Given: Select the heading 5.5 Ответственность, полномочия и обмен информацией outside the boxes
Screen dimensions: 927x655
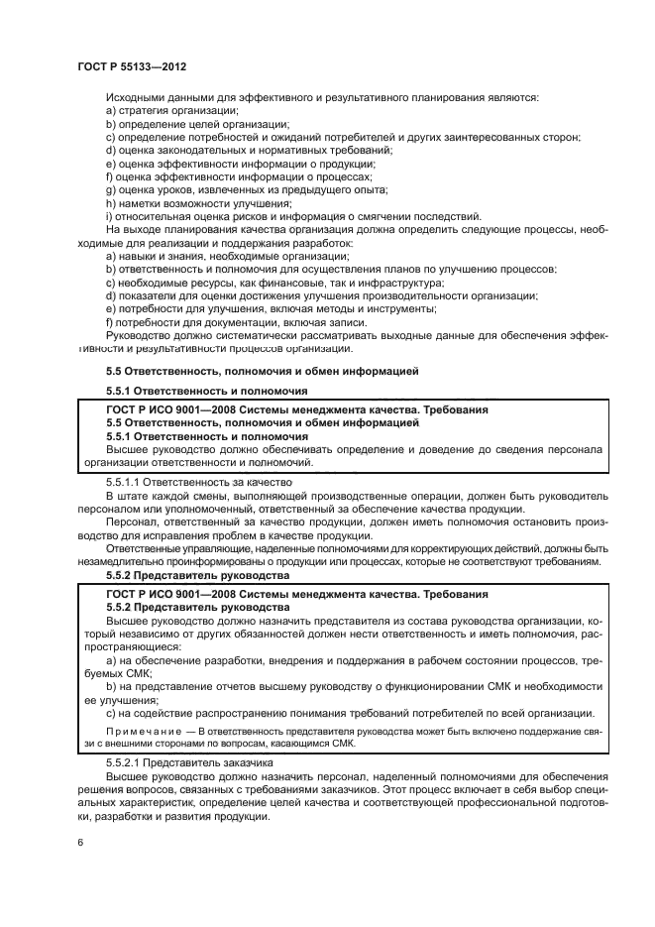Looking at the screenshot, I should coord(262,371).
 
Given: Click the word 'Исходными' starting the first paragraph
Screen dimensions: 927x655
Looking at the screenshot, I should coord(137,97).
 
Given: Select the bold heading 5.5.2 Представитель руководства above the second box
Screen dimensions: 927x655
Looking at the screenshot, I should coord(196,575).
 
